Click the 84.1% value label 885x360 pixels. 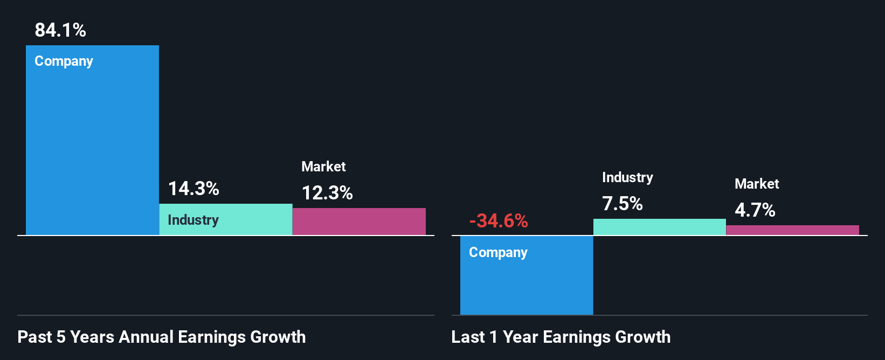pyautogui.click(x=60, y=30)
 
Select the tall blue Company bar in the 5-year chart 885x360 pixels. pyautogui.click(x=92, y=151)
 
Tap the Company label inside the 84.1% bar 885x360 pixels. pyautogui.click(x=64, y=61)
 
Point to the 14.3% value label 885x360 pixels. pyautogui.click(x=193, y=189)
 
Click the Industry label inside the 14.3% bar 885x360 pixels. pyautogui.click(x=193, y=220)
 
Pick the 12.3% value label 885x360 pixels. pyautogui.click(x=327, y=193)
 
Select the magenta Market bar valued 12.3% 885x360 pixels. pyautogui.click(x=359, y=221)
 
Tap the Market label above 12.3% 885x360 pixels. pyautogui.click(x=323, y=167)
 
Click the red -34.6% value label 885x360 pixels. pyautogui.click(x=499, y=221)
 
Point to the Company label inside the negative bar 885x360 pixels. pyautogui.click(x=498, y=253)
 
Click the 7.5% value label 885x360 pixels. pyautogui.click(x=622, y=204)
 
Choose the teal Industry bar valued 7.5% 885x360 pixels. pyautogui.click(x=659, y=227)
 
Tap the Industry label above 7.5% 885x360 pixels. pyautogui.click(x=627, y=177)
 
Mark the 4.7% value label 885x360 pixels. pyautogui.click(x=755, y=210)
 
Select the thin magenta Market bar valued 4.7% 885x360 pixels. pyautogui.click(x=792, y=230)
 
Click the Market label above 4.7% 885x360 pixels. pyautogui.click(x=757, y=184)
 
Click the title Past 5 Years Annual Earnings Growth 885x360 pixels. pyautogui.click(x=162, y=337)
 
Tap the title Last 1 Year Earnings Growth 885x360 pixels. pyautogui.click(x=561, y=337)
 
